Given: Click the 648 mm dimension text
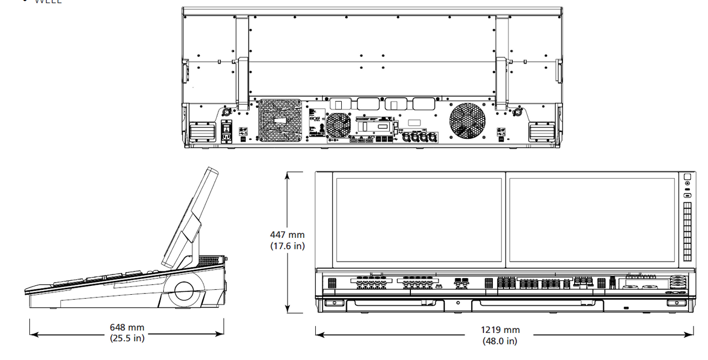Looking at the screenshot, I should click(x=127, y=327).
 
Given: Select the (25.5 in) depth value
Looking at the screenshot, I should click(x=127, y=338).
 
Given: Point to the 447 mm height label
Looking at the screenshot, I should click(x=287, y=236).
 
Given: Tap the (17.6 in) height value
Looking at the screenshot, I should click(x=287, y=246).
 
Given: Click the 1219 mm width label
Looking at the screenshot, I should click(x=500, y=330).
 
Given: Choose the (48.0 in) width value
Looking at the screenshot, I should click(x=500, y=341).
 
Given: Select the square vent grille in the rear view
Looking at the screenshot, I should click(x=279, y=120).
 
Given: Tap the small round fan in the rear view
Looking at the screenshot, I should click(x=338, y=125).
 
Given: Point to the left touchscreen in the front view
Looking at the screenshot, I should click(x=419, y=220).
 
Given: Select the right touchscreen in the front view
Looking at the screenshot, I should click(x=591, y=220).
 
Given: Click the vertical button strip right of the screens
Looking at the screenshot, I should click(x=688, y=231).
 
